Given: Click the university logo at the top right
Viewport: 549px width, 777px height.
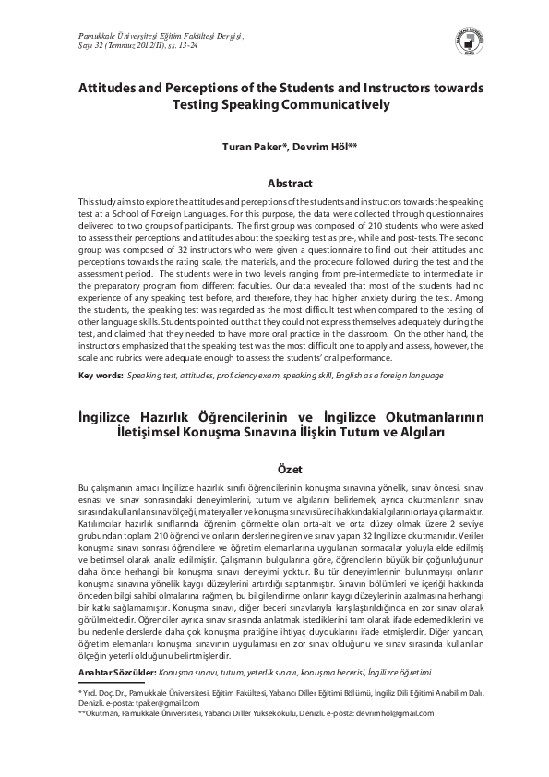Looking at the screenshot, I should pos(491,40).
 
